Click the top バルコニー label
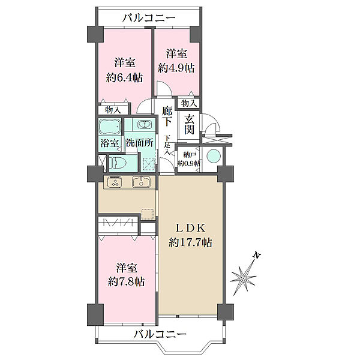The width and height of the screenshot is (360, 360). coord(149,17)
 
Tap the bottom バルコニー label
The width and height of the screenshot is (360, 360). coord(160,334)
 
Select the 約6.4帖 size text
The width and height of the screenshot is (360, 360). coord(124,77)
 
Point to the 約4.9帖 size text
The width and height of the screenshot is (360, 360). coord(176,68)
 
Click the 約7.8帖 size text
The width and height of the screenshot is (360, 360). coord(126,281)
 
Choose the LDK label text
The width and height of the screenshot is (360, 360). coord(190,228)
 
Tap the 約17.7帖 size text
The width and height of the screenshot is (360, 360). coord(190,242)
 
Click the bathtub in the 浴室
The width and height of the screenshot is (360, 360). coord(110,126)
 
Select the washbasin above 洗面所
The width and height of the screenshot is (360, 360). coord(145,125)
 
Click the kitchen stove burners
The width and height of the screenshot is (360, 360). coord(115,182)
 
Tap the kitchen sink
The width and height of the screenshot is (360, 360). coord(141,182)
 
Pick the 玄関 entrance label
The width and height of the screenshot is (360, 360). coord(189,124)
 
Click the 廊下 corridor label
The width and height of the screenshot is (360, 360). coord(167,116)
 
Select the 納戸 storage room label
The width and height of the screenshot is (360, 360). coord(189,155)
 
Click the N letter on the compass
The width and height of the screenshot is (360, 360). coord(257,256)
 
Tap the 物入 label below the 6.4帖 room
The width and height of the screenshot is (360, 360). coord(113,110)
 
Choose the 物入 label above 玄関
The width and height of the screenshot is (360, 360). coord(189,103)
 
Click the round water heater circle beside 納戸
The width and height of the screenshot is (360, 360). coord(214,157)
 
